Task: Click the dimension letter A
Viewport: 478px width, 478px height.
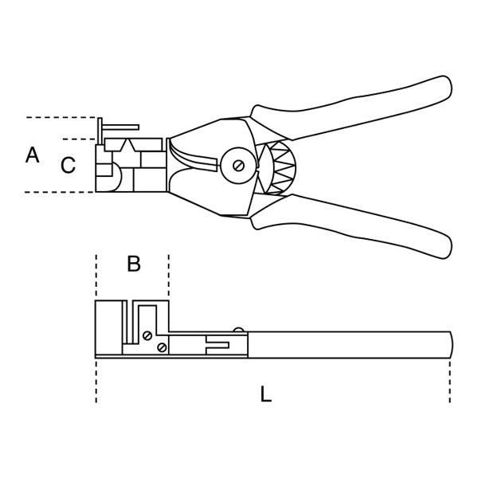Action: point(33,155)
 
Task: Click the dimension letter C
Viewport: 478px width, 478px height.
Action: point(68,165)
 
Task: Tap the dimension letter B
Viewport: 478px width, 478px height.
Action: point(134,264)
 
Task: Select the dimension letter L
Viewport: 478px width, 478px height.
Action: point(266,394)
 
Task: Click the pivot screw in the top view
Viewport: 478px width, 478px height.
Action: point(238,166)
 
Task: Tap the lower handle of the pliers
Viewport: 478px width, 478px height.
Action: point(351,225)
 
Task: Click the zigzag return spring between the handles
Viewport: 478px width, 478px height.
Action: point(282,167)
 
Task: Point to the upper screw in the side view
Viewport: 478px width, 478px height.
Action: point(147,335)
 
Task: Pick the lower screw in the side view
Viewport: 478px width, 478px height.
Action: point(162,347)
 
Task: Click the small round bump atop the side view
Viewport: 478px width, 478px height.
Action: point(238,330)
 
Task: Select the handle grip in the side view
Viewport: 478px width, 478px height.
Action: point(350,344)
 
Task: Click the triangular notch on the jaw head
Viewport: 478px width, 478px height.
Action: point(128,146)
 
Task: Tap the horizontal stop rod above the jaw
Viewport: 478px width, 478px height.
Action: point(121,127)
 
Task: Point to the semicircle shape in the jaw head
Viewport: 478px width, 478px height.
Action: point(117,177)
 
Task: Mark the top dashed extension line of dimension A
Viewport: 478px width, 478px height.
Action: point(61,117)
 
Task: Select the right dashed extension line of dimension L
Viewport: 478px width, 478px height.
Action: point(450,382)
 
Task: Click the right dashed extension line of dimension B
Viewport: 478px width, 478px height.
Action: point(169,276)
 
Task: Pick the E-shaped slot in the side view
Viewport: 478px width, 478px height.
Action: point(217,345)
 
